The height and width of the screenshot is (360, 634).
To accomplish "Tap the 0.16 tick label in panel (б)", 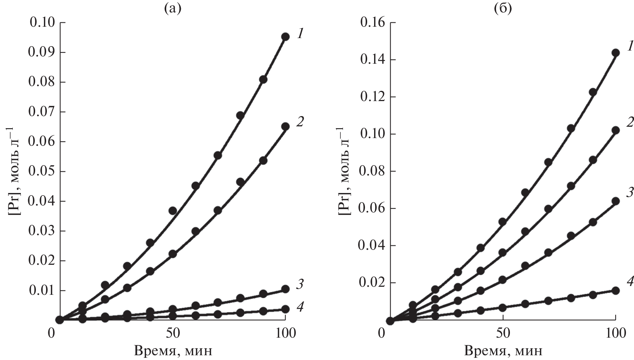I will coord(373,23).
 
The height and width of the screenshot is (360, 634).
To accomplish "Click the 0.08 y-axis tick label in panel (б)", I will coord(373,171).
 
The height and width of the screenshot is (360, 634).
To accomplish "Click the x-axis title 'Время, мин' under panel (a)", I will coord(173,351).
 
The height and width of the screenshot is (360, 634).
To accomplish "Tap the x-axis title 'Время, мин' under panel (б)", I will coord(503,351).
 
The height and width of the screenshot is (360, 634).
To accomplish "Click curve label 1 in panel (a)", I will coord(300,34).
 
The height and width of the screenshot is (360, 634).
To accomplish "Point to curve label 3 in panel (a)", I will coord(299,284).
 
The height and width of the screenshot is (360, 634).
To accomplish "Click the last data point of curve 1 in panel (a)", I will coord(285,37).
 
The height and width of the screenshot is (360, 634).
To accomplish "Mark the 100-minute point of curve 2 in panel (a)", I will coord(285,127).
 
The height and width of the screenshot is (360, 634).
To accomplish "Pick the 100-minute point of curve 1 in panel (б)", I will coord(616,53).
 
